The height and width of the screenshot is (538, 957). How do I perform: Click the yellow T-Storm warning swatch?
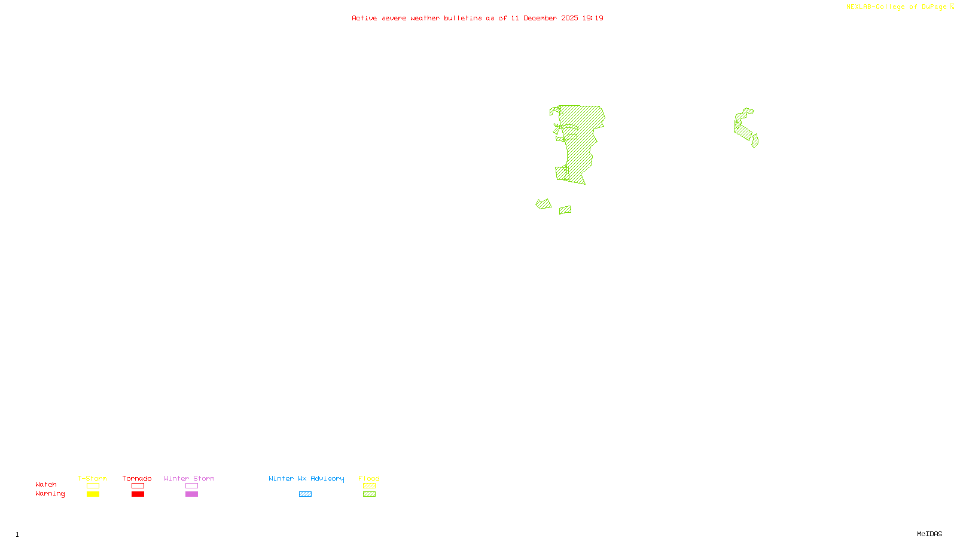pos(93,494)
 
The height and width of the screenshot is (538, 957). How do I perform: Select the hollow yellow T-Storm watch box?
pos(93,486)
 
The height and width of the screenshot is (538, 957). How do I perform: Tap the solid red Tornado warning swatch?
pos(138,494)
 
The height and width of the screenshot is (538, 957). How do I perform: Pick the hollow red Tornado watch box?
pos(138,486)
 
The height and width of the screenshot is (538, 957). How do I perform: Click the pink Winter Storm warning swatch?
pos(191,494)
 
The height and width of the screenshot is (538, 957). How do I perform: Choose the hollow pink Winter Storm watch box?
pos(191,486)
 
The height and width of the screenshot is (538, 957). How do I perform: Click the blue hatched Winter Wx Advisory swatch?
pos(305,494)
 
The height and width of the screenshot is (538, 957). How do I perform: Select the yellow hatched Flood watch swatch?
pos(369,486)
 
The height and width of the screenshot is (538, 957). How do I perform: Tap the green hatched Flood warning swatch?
pos(369,494)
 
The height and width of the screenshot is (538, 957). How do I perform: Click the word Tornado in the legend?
pos(137,478)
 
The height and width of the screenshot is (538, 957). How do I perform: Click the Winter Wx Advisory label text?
pos(306,478)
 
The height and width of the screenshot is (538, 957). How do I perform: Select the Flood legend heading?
pos(369,478)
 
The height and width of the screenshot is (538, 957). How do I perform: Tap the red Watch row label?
pos(46,484)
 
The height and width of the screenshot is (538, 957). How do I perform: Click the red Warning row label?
pos(50,494)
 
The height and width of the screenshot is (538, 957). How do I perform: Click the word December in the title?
pos(540,18)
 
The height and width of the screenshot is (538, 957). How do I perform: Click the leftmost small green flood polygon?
pos(543,204)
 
